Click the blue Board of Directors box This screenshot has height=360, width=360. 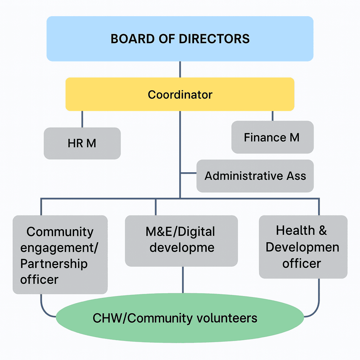[x=180, y=39]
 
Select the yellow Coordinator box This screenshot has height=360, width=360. [x=180, y=94]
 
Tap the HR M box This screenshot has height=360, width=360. [x=82, y=143]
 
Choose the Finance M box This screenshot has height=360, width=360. [x=272, y=137]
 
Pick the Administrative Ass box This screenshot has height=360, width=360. [x=255, y=176]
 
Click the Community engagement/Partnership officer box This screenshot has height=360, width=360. [x=60, y=255]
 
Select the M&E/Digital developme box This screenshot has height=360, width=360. [x=181, y=240]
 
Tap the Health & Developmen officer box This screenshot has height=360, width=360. [x=303, y=247]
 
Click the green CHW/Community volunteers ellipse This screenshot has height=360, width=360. [x=180, y=318]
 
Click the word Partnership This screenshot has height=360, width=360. [x=54, y=264]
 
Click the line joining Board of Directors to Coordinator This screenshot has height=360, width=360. [x=180, y=69]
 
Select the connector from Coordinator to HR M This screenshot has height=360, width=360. [x=82, y=119]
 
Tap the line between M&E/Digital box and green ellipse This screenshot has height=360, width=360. [x=182, y=279]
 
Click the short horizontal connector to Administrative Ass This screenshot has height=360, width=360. [x=188, y=173]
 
